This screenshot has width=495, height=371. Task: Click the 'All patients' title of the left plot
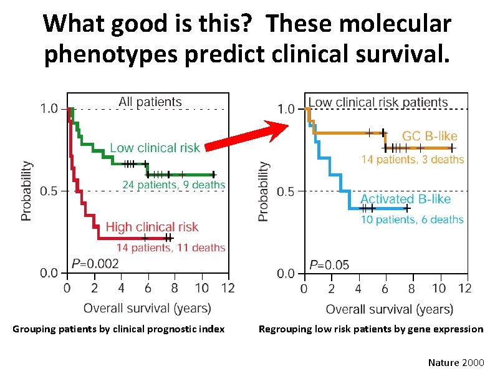coord(150,102)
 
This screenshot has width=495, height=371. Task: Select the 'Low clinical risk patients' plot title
coord(378,102)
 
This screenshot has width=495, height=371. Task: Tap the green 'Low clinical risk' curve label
coord(155,148)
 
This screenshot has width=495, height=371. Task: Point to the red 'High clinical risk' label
coord(152,227)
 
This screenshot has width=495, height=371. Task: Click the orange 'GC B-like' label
coord(430,136)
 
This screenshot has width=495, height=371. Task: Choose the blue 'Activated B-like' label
coord(405,199)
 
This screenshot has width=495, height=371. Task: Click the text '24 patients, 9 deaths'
coord(174,185)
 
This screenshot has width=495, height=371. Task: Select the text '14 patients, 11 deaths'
coord(170,248)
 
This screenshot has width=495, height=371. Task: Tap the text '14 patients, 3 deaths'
coord(413,160)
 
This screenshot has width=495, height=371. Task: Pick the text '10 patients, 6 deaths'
coord(412,219)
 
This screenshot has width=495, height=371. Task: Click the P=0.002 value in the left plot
coord(95,264)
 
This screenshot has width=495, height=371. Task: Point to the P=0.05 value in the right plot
coord(329,264)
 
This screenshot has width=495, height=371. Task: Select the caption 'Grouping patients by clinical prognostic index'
coord(118,329)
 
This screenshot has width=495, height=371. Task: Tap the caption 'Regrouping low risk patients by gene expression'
coord(371,329)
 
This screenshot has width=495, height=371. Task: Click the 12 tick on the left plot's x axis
coord(228,289)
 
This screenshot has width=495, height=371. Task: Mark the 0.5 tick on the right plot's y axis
coord(286,191)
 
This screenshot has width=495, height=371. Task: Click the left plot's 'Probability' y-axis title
coord(26,191)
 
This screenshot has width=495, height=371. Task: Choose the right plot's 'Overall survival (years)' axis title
coord(390,309)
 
